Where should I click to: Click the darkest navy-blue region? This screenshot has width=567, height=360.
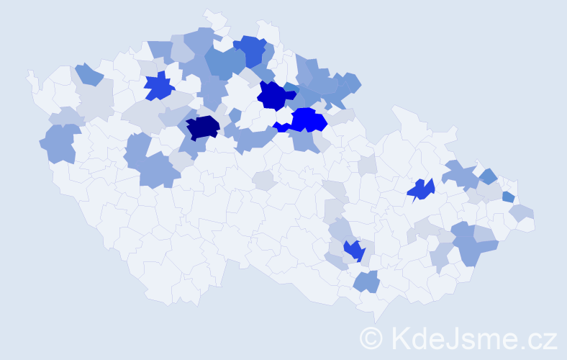point(202,127)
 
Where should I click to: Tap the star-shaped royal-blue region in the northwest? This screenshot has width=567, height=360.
point(159,86)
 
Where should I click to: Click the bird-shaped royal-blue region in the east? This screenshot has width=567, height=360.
point(420,189)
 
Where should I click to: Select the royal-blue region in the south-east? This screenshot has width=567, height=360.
point(353,251)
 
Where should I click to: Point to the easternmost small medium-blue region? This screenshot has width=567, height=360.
point(508,197)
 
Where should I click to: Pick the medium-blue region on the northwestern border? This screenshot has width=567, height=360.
point(89,73)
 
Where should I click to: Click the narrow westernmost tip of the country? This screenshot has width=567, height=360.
point(30,74)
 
